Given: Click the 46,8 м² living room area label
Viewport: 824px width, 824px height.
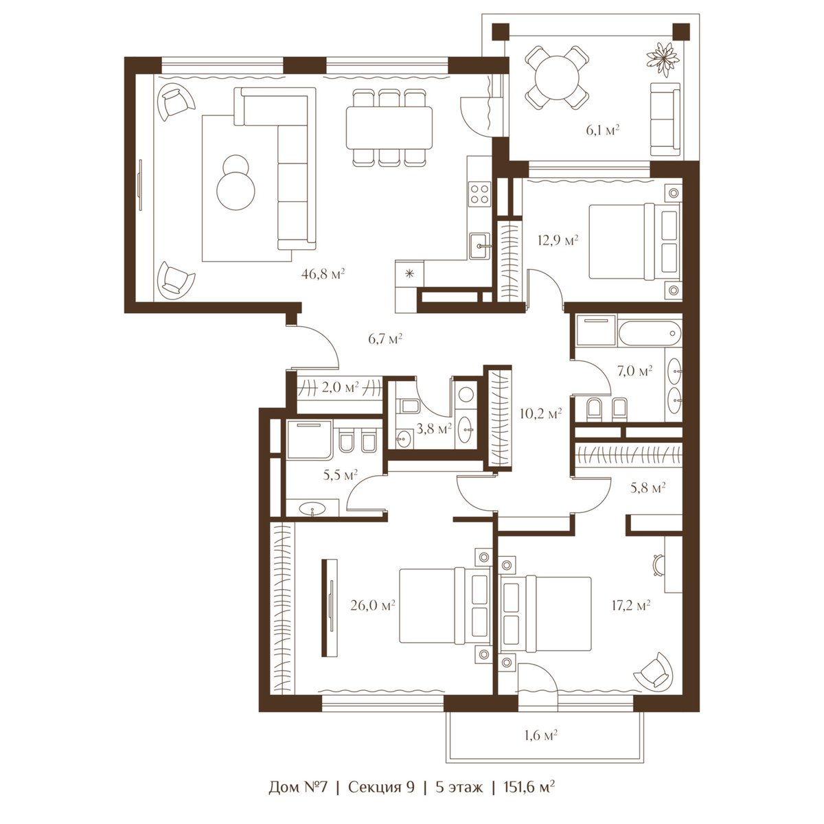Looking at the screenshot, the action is pos(323,273).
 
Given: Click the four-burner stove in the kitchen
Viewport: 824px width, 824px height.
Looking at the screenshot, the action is pos(480,194).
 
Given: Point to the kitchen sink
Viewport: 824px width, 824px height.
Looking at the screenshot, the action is pos(480,247).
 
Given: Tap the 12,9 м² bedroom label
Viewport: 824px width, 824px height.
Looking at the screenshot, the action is pos(558,240).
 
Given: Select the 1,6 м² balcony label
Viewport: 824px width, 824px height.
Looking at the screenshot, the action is pos(541,735).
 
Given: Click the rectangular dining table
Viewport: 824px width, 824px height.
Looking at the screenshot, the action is pos(389,128).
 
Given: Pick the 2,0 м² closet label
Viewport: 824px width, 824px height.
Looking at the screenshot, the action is pos(339,387).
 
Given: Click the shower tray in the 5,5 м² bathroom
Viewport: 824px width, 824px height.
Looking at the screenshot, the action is pos(309,439).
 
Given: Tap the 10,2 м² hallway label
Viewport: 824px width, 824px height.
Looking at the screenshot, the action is pos(540,413).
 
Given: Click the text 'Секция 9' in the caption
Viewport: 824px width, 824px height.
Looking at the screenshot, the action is pos(381,787).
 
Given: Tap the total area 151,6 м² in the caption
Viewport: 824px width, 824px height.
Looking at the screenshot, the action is pos(529,787).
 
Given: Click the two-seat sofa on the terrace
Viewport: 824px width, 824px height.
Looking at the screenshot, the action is pos(665,119).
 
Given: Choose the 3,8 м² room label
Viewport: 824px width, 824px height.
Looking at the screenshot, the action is pos(434,428).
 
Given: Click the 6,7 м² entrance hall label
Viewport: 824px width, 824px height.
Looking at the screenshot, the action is pos(385,339).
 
